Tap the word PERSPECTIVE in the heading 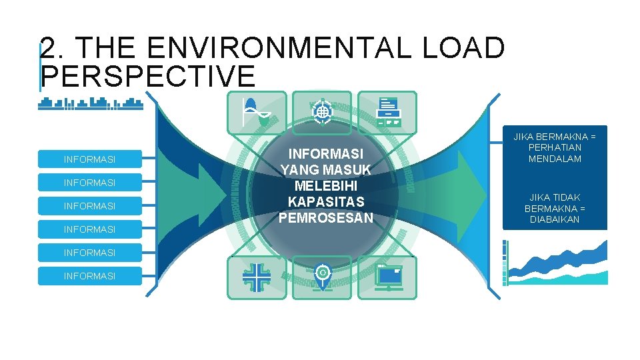click(x=148, y=76)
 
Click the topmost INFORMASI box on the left click(x=89, y=159)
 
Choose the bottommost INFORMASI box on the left click(x=89, y=276)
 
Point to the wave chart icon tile click(x=257, y=113)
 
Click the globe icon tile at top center click(x=321, y=111)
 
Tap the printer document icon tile click(x=387, y=113)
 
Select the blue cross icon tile click(x=257, y=277)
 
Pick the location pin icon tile click(x=321, y=277)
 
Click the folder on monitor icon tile click(x=387, y=277)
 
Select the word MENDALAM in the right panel click(x=555, y=159)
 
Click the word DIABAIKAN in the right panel click(x=555, y=220)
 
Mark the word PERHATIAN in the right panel click(x=555, y=147)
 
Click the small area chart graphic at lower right click(x=557, y=263)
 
